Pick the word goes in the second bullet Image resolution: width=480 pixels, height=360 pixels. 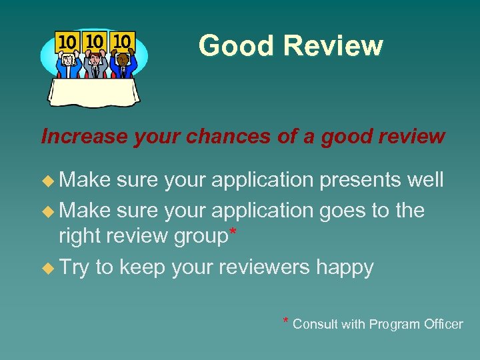click(339, 211)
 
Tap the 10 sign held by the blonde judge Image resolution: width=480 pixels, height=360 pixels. click(67, 42)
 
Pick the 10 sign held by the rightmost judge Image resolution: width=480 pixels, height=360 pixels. click(122, 41)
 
